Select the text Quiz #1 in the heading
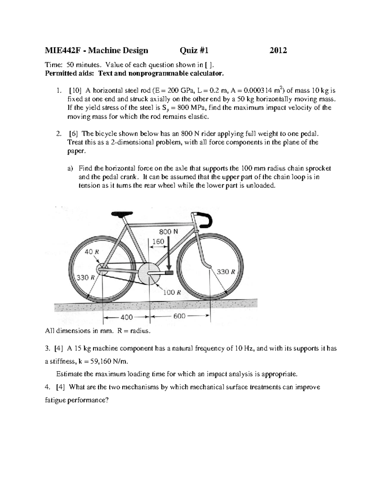coord(194,50)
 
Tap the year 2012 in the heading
coord(278,50)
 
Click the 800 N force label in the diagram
coord(168,232)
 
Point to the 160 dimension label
coord(158,242)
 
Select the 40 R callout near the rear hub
coord(92,251)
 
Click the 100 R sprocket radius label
coord(172,292)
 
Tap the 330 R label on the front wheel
coord(226,272)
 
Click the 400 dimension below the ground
coord(126,317)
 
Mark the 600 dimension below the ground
coord(180,317)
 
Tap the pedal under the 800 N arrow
coord(169,273)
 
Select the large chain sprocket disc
coord(148,273)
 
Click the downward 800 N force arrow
coord(169,255)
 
